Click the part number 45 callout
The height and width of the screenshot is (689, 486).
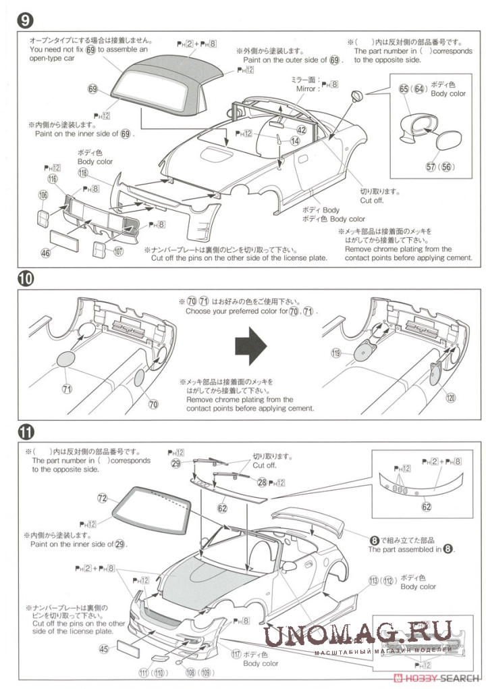pyautogui.click(x=104, y=648)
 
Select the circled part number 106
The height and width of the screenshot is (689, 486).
pyautogui.click(x=44, y=195)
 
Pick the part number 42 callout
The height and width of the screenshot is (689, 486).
pyautogui.click(x=301, y=130)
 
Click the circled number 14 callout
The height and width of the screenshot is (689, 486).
pyautogui.click(x=295, y=141)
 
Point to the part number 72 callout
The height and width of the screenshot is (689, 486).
pyautogui.click(x=103, y=498)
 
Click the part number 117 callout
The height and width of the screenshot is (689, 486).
pyautogui.click(x=236, y=654)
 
